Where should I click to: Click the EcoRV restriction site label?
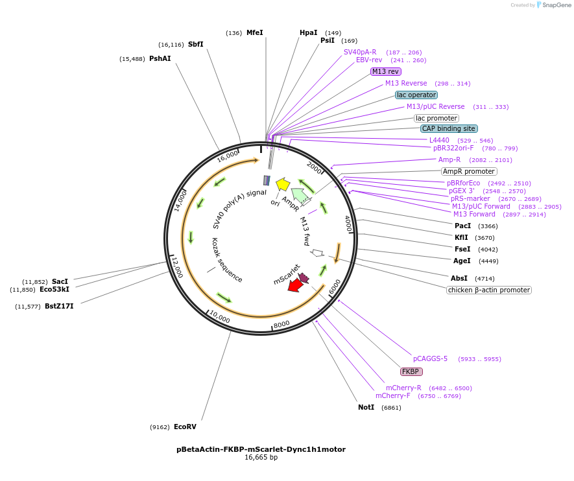[x=185, y=427]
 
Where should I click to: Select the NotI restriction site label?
[x=366, y=407]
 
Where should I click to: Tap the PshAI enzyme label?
[x=160, y=58]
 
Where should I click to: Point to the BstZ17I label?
[x=59, y=306]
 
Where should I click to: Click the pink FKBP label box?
[x=411, y=371]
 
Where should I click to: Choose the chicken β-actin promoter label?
[x=489, y=290]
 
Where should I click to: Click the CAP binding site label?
[x=449, y=128]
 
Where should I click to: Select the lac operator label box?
[x=416, y=95]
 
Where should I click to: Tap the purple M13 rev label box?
[x=386, y=71]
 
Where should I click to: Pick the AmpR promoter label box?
[x=468, y=171]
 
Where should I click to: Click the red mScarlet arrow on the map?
[x=295, y=285]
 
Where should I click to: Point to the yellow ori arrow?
[x=282, y=184]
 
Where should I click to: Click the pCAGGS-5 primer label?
[x=430, y=358]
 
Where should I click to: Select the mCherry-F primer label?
[x=392, y=395]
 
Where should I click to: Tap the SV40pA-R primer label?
[x=360, y=52]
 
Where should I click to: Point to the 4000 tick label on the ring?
[x=348, y=223]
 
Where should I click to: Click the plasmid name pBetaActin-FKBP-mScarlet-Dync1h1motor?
[x=261, y=449]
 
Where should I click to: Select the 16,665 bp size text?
[x=261, y=457]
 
